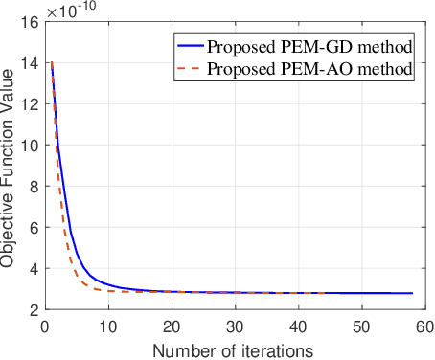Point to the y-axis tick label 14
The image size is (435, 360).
[x=31, y=62]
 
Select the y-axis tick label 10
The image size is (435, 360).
[x=31, y=145]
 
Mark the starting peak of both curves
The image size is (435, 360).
[x=52, y=63]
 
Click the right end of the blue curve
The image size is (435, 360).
[x=412, y=293]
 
